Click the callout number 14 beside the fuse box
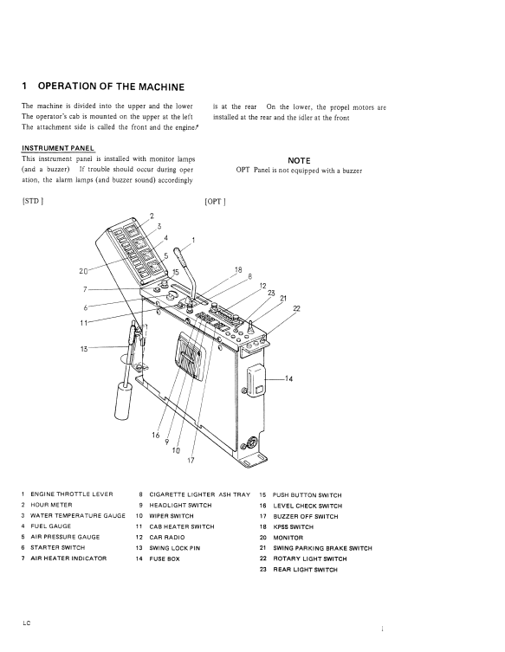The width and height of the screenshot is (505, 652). [288, 378]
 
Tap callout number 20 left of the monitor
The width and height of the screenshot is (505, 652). [83, 271]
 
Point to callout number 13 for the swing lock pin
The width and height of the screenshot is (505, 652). [84, 349]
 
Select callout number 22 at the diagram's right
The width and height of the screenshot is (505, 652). [296, 308]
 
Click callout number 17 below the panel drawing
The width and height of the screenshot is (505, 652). [191, 461]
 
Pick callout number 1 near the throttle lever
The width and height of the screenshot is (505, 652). [193, 240]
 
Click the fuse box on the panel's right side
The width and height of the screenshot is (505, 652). [255, 379]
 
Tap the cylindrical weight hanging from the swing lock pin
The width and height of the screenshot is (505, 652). [123, 401]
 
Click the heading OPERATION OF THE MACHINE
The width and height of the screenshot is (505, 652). [111, 87]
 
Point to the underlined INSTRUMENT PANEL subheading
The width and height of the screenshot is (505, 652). [58, 148]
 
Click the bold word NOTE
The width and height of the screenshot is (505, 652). [299, 161]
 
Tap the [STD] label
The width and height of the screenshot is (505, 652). [32, 201]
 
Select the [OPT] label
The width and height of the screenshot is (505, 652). [215, 202]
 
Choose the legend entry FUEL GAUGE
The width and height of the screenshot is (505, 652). [51, 526]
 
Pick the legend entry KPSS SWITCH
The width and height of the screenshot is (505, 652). [293, 526]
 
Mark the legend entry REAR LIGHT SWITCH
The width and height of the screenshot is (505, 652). [305, 570]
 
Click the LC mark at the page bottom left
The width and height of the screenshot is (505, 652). [27, 623]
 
